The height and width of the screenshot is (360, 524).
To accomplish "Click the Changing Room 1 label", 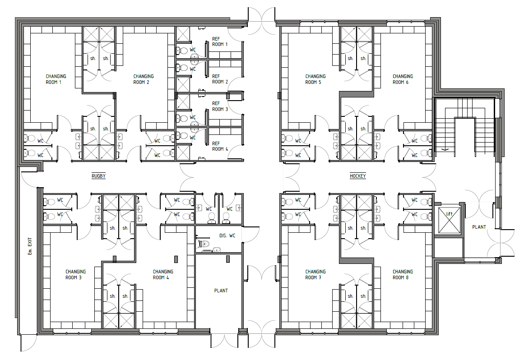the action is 56,79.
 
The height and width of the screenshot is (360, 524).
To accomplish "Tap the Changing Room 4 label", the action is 163,274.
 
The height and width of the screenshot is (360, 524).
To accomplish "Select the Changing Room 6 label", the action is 403,79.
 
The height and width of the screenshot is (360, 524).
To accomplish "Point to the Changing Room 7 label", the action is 315,274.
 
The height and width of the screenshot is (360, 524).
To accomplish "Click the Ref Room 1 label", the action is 220,42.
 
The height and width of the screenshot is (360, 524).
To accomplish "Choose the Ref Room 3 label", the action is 220,106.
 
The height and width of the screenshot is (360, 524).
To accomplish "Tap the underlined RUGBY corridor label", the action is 98,176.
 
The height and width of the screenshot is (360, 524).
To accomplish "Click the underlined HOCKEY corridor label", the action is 357,176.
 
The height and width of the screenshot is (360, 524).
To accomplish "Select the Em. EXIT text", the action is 30,246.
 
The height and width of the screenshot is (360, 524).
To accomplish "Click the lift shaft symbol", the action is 449,220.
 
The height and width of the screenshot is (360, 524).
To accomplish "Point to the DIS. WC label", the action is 227,236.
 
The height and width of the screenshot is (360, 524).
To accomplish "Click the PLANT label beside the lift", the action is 479,227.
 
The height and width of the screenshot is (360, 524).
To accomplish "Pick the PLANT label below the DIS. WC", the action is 221,291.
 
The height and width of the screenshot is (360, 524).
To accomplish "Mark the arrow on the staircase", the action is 445,150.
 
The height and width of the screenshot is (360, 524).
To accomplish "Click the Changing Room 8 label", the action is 403,274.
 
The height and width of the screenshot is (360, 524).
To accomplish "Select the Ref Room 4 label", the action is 220,146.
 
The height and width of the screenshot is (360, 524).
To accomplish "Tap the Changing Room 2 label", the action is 144,79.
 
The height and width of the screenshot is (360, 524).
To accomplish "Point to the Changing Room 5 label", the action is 315,79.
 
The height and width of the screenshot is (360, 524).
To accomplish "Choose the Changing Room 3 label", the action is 75,274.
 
